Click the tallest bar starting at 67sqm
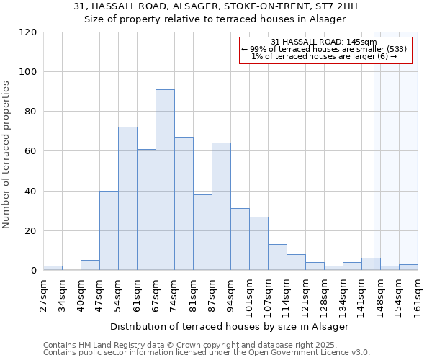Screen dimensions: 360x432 point(165,180)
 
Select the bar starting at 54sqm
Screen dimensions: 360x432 point(127,199)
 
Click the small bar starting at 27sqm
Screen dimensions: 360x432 point(53,268)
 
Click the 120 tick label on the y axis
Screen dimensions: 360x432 point(27,32)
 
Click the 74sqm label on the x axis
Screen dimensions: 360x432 point(174,294)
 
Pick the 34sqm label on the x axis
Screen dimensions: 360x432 point(62,294)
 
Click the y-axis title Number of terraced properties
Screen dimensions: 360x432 point(6,155)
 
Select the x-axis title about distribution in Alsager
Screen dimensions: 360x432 point(230,326)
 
